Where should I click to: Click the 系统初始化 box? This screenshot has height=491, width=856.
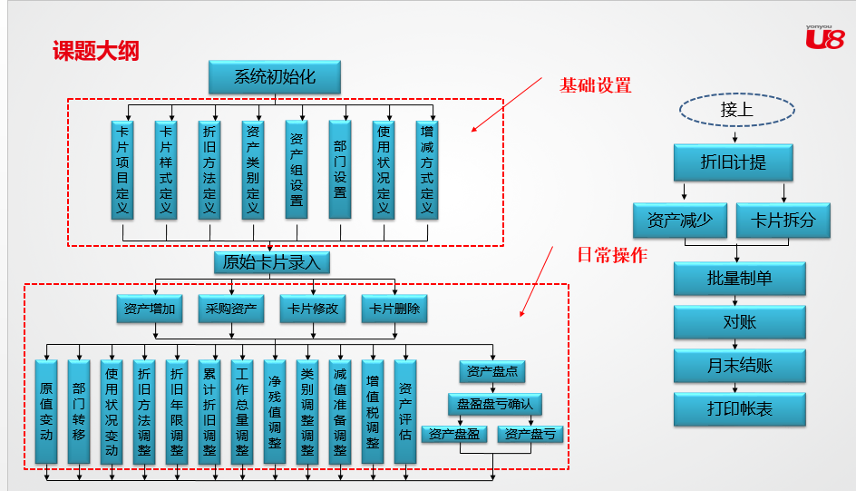click(275, 77)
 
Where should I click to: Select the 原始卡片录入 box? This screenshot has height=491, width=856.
click(271, 262)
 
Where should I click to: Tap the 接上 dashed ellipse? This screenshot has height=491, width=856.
click(736, 111)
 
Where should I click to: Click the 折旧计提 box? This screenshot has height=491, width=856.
click(733, 162)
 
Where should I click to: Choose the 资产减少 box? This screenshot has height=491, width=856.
click(679, 221)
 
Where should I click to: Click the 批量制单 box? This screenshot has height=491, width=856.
click(739, 279)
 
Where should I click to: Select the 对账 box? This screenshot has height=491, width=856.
click(739, 322)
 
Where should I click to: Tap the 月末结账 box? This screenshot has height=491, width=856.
click(739, 366)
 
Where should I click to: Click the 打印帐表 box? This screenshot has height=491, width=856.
click(739, 409)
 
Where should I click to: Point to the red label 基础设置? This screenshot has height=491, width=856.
click(595, 86)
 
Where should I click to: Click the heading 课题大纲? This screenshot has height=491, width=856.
click(95, 51)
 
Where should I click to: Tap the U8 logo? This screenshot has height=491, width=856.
click(824, 37)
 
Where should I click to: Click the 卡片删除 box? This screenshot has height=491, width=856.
click(394, 309)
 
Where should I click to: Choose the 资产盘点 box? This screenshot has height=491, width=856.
click(491, 371)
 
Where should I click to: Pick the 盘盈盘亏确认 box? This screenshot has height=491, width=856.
click(495, 404)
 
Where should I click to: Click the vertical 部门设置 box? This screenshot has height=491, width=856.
click(340, 170)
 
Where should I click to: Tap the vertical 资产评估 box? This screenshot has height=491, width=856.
click(405, 410)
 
